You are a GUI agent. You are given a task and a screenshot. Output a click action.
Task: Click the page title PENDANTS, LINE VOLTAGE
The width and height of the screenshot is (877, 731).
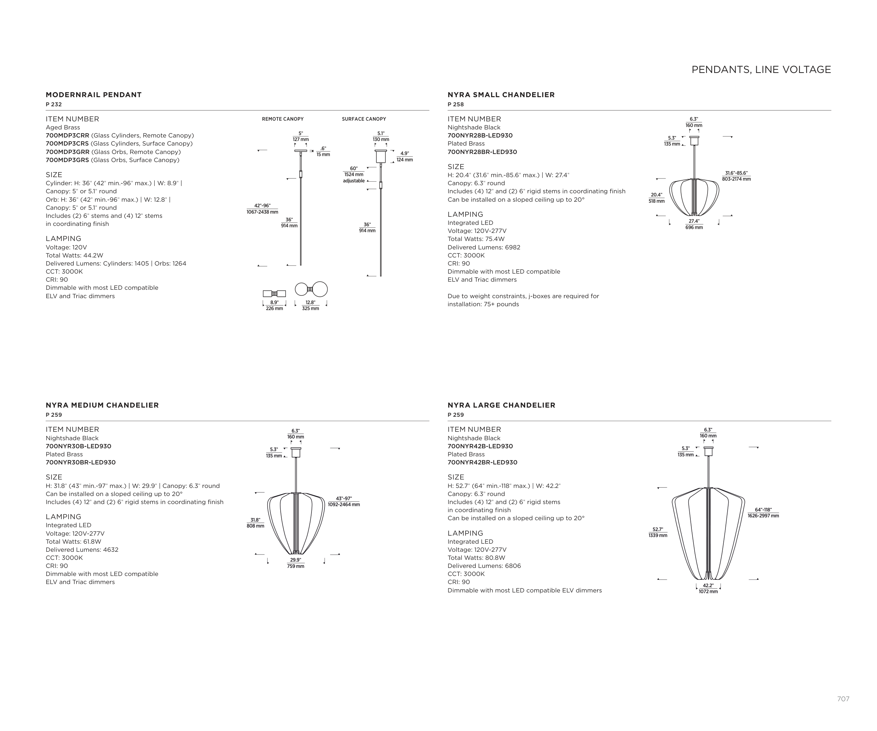[x=761, y=70]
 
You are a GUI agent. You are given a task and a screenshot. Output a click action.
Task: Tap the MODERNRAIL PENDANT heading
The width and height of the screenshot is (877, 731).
[x=94, y=95]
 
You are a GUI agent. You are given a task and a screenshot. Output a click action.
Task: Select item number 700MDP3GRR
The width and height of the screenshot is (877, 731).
[x=67, y=152]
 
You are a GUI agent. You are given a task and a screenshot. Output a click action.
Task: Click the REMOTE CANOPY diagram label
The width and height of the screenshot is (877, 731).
[x=283, y=119]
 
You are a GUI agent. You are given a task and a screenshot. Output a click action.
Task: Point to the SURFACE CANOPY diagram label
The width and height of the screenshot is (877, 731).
[x=364, y=119]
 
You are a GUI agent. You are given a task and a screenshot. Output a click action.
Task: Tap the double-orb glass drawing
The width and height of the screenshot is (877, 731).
[x=311, y=289]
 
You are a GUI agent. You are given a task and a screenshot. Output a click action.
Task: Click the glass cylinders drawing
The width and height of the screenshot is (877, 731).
[x=274, y=294]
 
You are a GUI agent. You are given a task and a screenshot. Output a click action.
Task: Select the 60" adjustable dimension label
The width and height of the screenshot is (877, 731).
[x=354, y=174]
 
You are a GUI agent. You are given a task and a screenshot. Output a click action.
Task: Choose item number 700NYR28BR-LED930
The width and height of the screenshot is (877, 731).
[x=482, y=152]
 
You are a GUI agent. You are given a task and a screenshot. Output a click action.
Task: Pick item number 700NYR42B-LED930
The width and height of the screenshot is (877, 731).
[x=480, y=446]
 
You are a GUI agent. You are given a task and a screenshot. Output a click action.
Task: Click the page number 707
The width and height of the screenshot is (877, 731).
[x=843, y=699]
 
